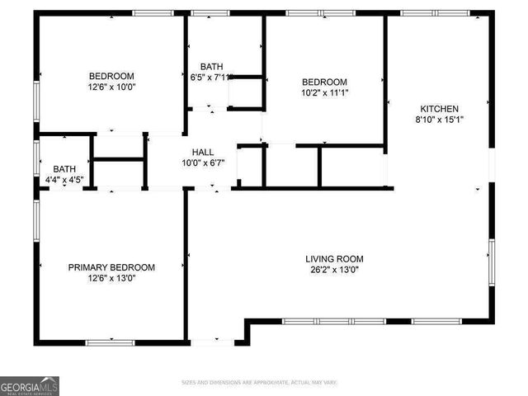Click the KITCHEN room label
(440, 109)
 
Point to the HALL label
(203, 152)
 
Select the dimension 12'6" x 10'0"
(111, 86)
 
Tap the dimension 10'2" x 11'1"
(324, 92)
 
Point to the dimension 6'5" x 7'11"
(211, 77)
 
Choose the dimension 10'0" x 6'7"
(203, 163)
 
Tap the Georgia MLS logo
(30, 385)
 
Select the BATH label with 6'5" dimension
(211, 67)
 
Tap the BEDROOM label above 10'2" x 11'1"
(324, 82)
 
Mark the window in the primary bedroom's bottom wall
(111, 342)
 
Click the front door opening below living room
(212, 340)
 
